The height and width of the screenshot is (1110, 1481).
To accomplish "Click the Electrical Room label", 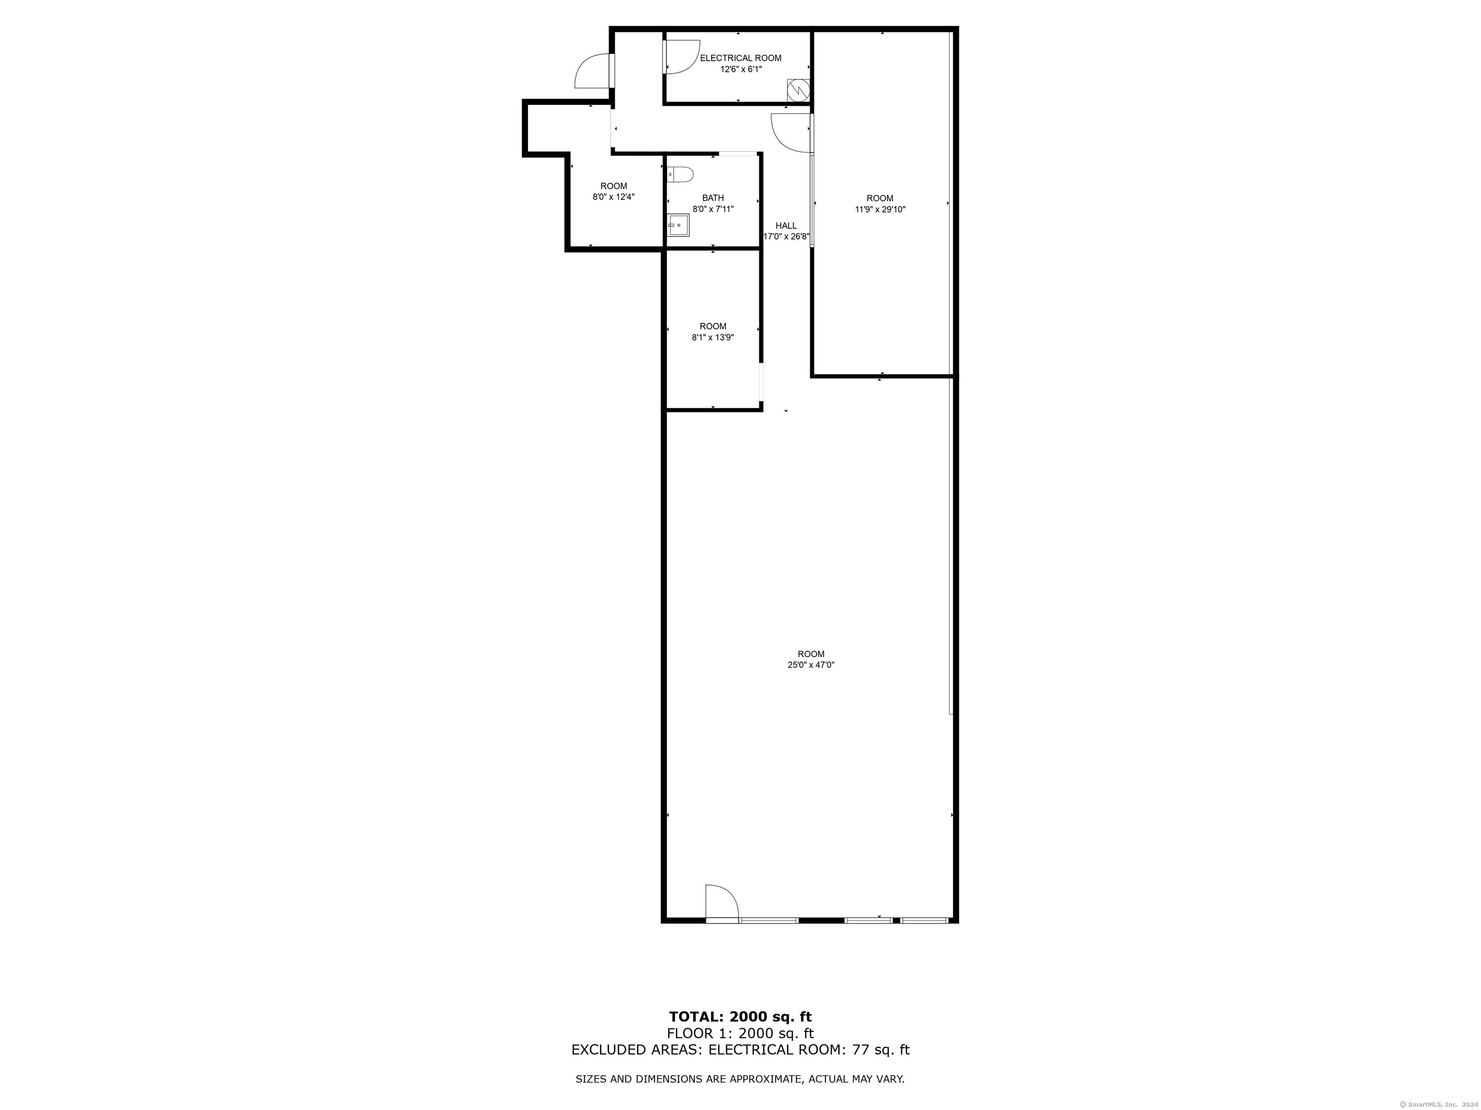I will click(740, 58).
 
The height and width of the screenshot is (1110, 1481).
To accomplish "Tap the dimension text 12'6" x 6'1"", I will click(740, 69).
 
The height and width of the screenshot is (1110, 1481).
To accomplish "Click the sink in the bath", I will click(678, 225).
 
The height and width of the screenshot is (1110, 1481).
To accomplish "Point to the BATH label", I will click(713, 198).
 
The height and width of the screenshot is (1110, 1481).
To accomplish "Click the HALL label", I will click(786, 225).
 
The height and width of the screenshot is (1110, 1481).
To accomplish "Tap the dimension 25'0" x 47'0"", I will click(811, 665).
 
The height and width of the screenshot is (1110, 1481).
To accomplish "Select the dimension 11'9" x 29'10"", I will click(880, 210).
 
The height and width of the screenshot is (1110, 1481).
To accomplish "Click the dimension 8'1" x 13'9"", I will click(713, 338).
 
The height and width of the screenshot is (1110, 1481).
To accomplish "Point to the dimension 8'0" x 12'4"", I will click(613, 198).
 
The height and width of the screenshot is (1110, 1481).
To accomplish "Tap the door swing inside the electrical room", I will click(680, 57).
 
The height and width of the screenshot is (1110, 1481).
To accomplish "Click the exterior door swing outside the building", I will click(592, 72).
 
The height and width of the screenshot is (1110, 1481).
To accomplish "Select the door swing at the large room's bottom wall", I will click(722, 901).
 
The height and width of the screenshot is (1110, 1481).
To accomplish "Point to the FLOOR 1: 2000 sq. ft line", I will click(740, 1034).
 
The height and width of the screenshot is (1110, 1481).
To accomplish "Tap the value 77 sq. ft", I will click(880, 1050).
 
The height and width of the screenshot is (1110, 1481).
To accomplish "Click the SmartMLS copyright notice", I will click(1440, 1105).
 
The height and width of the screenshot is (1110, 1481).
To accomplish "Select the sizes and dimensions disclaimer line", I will click(740, 1079).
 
